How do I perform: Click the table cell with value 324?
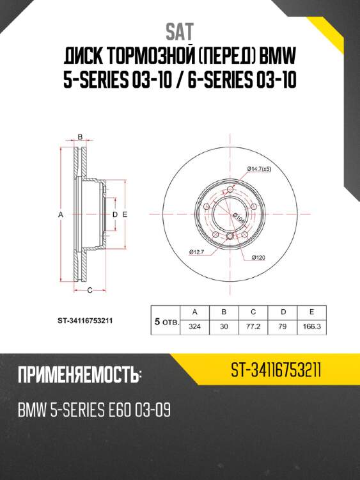point(194,326)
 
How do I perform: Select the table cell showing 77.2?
point(253,326)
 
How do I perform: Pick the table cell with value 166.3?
point(311,326)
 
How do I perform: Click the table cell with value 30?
point(224,326)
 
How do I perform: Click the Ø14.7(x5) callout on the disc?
point(260,168)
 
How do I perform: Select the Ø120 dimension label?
point(258,257)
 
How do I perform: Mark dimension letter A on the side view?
point(61,215)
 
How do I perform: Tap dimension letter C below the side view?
point(90,290)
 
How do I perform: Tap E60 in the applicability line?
point(114,409)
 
